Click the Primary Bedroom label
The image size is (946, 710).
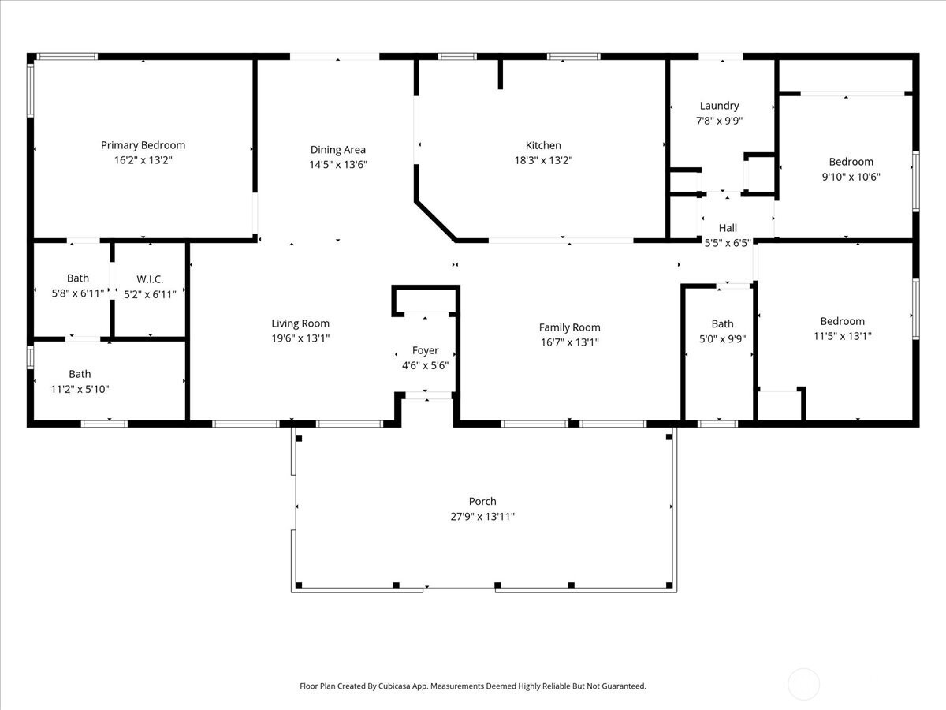click(x=143, y=145)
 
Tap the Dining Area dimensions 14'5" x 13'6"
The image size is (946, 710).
click(x=338, y=164)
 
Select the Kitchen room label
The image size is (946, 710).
click(x=543, y=145)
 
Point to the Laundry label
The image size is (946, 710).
click(x=719, y=106)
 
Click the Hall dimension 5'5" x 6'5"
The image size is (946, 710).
click(x=728, y=243)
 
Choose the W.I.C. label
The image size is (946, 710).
click(x=150, y=279)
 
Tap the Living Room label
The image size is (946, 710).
click(x=300, y=323)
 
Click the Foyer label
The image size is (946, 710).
click(x=425, y=350)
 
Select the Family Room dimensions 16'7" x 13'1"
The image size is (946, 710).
click(x=570, y=342)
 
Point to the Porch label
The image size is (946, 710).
click(x=482, y=502)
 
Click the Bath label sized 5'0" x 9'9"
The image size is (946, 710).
click(x=722, y=323)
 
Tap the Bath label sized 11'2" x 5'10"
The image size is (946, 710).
click(x=80, y=374)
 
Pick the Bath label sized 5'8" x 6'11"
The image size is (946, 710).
click(x=78, y=278)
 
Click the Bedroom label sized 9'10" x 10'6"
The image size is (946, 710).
click(x=851, y=162)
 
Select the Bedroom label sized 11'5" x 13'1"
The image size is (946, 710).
click(x=843, y=321)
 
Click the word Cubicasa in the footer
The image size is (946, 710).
click(x=394, y=686)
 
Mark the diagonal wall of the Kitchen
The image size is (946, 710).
click(x=435, y=220)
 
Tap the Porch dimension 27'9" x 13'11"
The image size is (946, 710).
click(x=482, y=517)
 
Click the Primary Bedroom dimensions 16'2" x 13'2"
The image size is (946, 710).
click(x=143, y=160)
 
